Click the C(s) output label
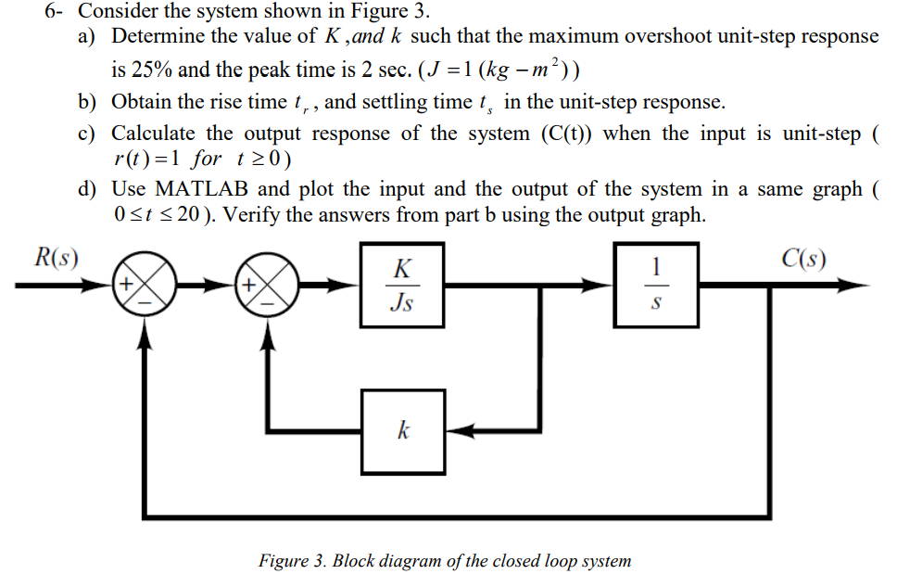point(803,257)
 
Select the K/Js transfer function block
point(402,286)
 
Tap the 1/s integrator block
point(654,286)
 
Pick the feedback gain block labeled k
point(402,430)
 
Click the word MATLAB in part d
point(203,189)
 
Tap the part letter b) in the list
point(89,102)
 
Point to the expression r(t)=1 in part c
point(145,159)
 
